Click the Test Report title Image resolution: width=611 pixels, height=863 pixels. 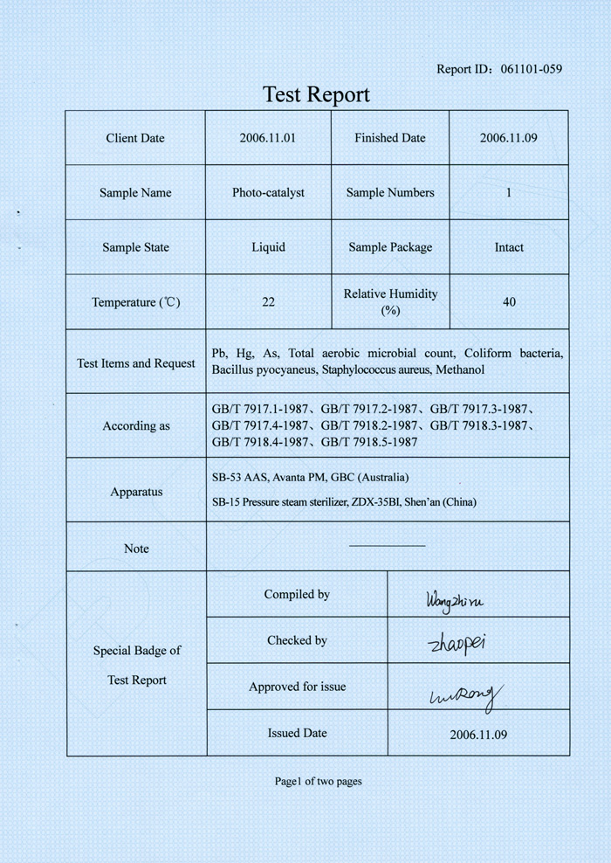click(x=317, y=94)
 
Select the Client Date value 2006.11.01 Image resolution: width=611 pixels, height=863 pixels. click(x=268, y=138)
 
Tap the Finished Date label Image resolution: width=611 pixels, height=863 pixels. click(x=390, y=138)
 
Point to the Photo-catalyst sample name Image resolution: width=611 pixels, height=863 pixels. click(x=268, y=193)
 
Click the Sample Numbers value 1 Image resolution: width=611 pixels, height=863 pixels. click(x=509, y=193)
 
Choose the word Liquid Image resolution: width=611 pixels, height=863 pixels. click(x=268, y=247)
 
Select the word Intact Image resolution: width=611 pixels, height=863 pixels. click(x=509, y=247)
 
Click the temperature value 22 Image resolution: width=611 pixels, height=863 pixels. click(x=268, y=302)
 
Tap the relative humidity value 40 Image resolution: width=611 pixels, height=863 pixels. click(x=509, y=302)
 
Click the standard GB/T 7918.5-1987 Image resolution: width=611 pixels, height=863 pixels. click(x=369, y=442)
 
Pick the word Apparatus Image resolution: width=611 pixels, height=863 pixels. click(x=136, y=492)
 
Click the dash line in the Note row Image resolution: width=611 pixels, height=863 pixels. click(x=387, y=546)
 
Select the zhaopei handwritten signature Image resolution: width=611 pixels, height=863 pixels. click(x=457, y=645)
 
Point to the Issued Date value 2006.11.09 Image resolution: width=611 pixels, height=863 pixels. click(x=478, y=735)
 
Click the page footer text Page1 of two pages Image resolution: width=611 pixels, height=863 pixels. click(x=318, y=781)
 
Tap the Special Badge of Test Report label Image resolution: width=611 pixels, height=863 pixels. click(x=137, y=665)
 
